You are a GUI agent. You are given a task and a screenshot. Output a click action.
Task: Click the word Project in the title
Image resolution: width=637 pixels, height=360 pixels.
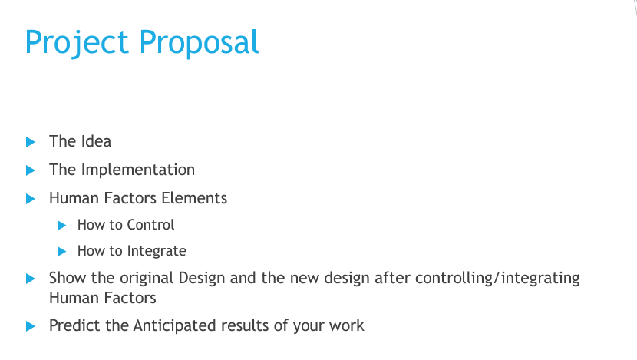point(77,43)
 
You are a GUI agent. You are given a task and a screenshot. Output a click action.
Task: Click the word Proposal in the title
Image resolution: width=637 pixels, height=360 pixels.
point(199,43)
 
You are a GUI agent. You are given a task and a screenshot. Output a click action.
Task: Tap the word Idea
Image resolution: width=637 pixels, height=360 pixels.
point(96,141)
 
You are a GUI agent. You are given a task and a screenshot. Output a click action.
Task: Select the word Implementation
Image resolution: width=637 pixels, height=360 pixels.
point(138,170)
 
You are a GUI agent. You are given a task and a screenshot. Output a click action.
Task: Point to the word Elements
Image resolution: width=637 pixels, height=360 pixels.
point(194,198)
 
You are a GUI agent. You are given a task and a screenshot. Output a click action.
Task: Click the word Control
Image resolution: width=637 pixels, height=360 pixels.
point(150,225)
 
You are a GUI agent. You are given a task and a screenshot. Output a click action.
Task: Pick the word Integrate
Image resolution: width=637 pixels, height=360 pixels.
point(157,251)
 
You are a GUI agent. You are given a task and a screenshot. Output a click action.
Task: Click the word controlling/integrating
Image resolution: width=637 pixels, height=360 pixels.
point(497,279)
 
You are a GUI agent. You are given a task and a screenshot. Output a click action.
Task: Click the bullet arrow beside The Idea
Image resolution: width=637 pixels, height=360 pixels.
point(31,142)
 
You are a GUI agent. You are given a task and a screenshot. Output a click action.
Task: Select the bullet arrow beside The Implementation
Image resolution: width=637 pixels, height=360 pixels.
point(31,170)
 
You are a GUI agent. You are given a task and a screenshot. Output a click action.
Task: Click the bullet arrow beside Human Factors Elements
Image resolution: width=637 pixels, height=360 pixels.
point(31,199)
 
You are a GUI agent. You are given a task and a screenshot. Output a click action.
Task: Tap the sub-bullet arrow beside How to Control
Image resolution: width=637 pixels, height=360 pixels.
point(62,225)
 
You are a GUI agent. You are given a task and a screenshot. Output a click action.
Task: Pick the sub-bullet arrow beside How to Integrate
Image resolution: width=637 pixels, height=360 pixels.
point(62,252)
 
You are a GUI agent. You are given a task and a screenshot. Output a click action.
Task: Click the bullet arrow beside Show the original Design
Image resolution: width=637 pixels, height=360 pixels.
point(31,279)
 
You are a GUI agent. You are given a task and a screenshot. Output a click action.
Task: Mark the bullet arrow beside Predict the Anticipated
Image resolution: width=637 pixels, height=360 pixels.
point(31,326)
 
